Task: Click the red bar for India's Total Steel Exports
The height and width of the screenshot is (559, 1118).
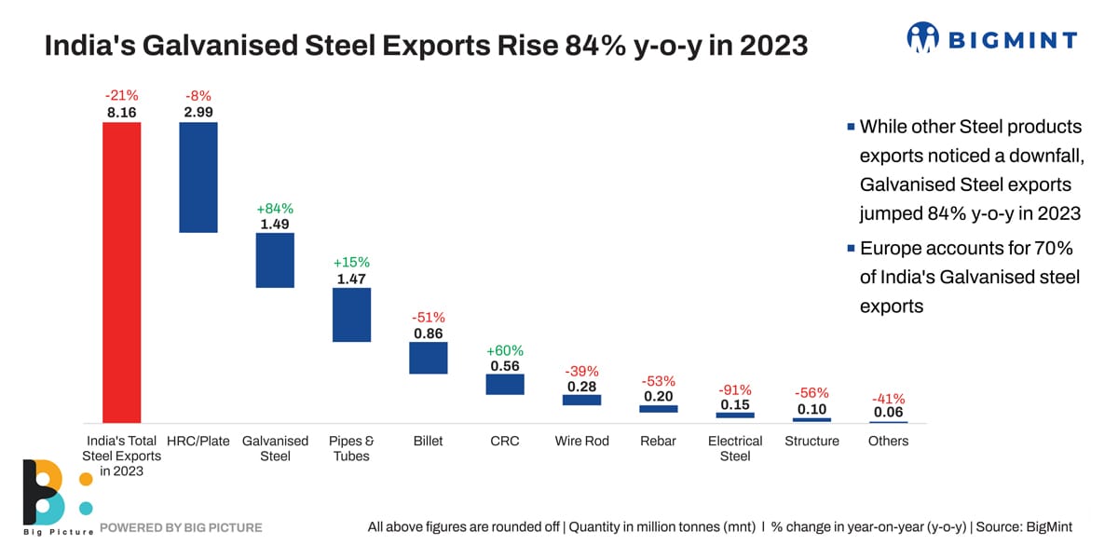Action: (x=121, y=271)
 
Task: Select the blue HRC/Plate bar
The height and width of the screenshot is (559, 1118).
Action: (x=198, y=177)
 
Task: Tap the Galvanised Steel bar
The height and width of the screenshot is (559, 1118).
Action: (x=275, y=260)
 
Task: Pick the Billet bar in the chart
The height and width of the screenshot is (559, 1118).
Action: (x=429, y=358)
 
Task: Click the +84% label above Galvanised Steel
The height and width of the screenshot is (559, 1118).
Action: (x=275, y=208)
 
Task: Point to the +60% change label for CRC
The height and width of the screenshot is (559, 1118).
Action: (x=505, y=350)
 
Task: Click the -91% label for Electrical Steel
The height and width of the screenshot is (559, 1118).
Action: (x=735, y=389)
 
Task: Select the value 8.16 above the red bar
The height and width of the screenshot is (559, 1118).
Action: (x=121, y=112)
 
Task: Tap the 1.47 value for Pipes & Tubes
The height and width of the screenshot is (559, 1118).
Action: (x=351, y=278)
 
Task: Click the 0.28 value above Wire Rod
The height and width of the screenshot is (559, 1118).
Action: (x=581, y=386)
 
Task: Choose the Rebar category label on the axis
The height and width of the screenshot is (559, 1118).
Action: (x=658, y=441)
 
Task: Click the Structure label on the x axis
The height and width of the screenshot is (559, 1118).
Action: (x=811, y=441)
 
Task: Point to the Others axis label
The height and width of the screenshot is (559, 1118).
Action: (x=888, y=441)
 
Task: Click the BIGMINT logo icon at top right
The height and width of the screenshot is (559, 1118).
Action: (x=923, y=38)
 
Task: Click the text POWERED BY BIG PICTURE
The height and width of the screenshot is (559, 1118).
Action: (x=181, y=527)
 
